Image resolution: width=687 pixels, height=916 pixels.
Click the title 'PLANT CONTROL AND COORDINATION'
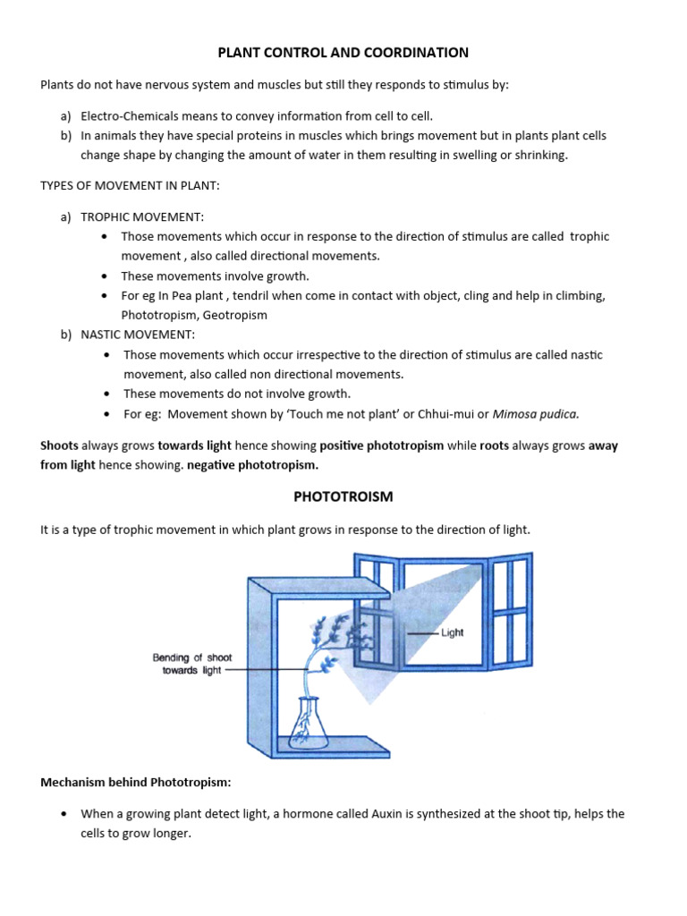(x=343, y=53)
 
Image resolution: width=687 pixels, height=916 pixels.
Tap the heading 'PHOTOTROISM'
(x=343, y=496)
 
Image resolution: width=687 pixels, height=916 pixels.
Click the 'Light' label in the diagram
(x=452, y=632)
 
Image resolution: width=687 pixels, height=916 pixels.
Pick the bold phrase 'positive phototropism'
(x=381, y=445)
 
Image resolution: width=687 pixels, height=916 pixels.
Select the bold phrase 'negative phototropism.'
(x=252, y=465)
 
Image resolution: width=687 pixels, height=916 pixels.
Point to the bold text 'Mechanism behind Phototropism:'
(x=135, y=782)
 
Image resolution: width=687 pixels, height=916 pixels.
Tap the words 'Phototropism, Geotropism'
(x=194, y=315)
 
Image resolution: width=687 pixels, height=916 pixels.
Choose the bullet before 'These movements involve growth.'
(x=106, y=276)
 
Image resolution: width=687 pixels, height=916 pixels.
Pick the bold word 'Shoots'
(x=59, y=445)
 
